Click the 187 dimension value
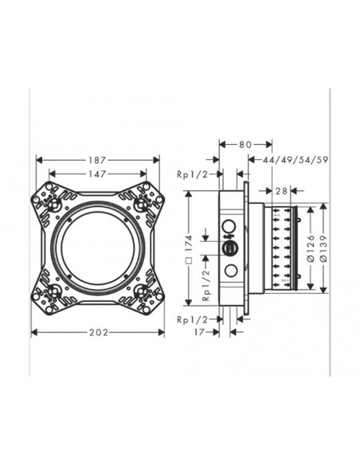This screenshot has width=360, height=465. [x=98, y=159]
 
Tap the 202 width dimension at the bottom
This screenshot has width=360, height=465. [x=97, y=333]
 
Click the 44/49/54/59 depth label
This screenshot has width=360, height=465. [x=300, y=159]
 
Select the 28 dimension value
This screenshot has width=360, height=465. [x=282, y=190]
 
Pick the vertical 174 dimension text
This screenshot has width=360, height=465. [x=190, y=248]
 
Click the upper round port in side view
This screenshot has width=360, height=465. [x=231, y=225]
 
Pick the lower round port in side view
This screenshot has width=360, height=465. [x=231, y=270]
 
